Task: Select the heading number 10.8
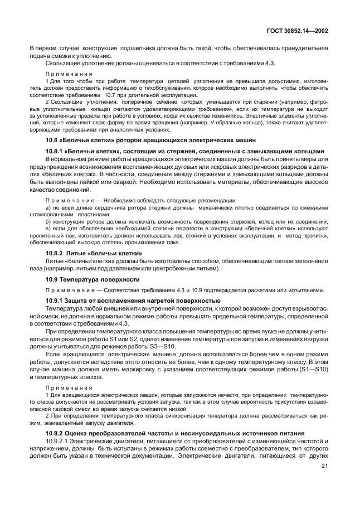tap(52, 140)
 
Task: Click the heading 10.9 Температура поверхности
tap(92, 278)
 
